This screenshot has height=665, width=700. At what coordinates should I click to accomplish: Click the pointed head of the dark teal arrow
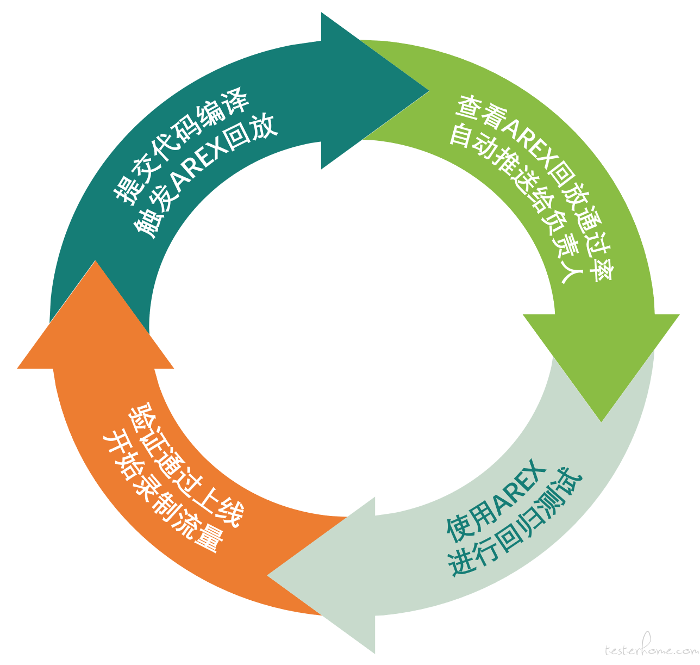pos(428,91)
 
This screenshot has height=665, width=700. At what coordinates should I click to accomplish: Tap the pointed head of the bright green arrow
pos(601,421)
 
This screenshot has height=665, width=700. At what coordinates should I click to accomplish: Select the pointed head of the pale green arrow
pos(267,575)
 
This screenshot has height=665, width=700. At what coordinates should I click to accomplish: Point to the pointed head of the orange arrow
pos(95,261)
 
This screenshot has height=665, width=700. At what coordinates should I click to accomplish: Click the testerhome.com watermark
pos(651,649)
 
